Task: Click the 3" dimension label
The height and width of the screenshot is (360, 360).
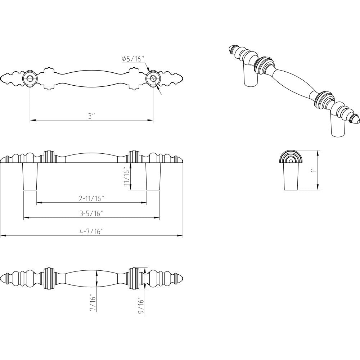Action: pos(91,116)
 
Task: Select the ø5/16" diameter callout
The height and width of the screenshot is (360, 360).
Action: pos(133,59)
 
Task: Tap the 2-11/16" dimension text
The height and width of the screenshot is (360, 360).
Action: pos(91,198)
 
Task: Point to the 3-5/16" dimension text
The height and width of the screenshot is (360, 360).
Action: pos(91,213)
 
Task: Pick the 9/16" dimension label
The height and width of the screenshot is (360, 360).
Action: pos(141,306)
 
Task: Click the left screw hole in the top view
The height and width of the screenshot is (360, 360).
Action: pos(30,78)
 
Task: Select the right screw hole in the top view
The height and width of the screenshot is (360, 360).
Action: pos(153,78)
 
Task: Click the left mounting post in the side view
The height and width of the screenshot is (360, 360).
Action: pos(30,176)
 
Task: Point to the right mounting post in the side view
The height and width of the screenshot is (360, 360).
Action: pos(153,176)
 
